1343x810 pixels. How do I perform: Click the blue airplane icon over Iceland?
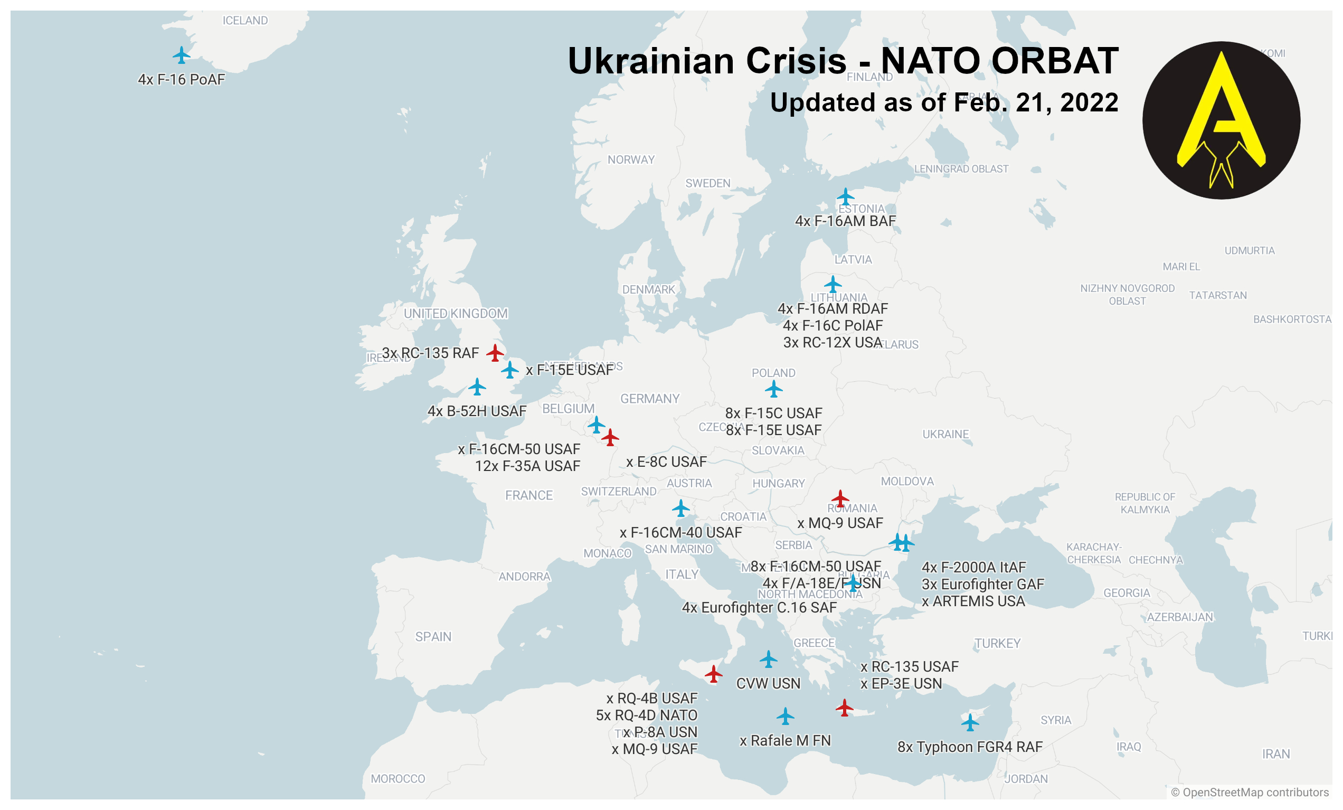[x=181, y=55]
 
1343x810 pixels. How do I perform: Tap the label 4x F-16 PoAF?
[x=181, y=80]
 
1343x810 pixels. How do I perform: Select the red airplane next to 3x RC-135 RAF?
[x=495, y=353]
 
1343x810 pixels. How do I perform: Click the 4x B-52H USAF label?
[x=477, y=411]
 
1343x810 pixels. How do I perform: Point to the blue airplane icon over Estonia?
[x=845, y=196]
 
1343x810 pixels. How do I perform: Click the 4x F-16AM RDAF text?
[x=833, y=308]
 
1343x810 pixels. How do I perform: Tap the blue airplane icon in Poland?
[x=773, y=389]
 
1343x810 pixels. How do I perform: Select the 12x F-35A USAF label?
[x=527, y=466]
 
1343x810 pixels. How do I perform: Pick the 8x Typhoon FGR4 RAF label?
[x=970, y=747]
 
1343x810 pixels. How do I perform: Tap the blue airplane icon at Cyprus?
[x=970, y=722]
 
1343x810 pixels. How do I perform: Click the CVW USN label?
[x=768, y=684]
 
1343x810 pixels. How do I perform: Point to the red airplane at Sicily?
[x=714, y=674]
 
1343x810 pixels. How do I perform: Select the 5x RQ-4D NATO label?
[x=647, y=715]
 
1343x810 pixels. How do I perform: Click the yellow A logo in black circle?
[x=1221, y=120]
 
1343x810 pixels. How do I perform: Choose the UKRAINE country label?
[x=945, y=435]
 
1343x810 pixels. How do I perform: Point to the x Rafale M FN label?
[x=785, y=740]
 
